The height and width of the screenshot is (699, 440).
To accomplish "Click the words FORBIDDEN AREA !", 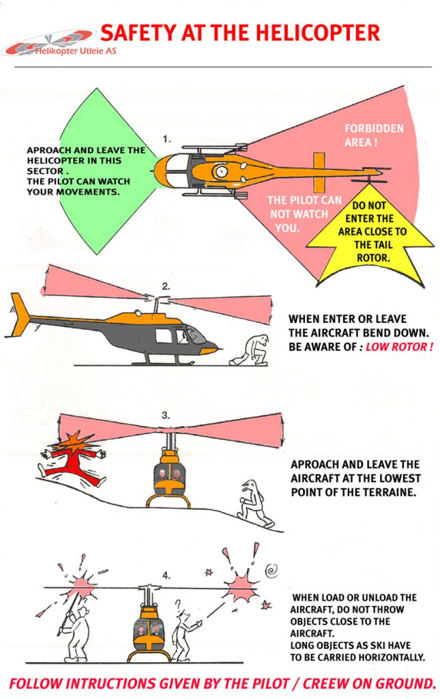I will point(374,136).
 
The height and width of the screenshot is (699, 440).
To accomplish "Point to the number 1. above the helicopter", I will point(166,139).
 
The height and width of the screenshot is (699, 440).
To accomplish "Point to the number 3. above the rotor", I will point(166,414).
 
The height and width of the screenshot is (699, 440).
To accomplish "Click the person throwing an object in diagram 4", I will point(183,631).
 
